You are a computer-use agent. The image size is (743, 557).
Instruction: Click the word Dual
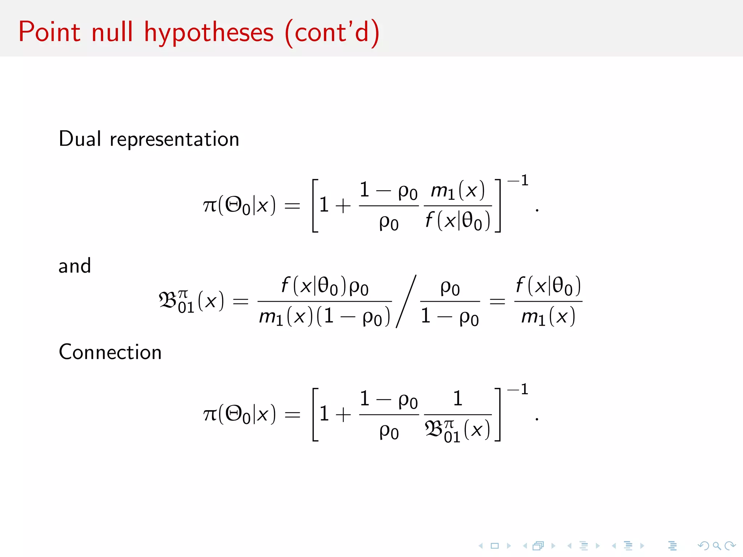[80, 139]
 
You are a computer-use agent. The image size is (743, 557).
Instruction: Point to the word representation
[175, 140]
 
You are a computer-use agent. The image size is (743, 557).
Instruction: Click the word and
[75, 266]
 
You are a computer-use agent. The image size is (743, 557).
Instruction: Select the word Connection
[110, 352]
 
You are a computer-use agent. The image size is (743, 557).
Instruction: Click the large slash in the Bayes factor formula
[406, 301]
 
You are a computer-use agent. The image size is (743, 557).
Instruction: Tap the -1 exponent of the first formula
[518, 180]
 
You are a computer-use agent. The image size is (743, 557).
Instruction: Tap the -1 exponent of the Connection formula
[518, 389]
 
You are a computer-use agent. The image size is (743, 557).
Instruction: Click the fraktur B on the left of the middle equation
[168, 301]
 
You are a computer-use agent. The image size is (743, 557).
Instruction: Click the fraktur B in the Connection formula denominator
[434, 430]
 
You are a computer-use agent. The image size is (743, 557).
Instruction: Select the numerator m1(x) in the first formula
[457, 190]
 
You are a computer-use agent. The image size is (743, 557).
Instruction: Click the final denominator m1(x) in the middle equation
[548, 317]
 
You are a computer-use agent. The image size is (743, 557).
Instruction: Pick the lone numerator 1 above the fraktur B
[458, 399]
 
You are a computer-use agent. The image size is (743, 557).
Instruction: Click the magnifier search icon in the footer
[717, 545]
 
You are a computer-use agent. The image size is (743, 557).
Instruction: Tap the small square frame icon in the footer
[495, 545]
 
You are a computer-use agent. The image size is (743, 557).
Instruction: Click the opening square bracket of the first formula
[315, 205]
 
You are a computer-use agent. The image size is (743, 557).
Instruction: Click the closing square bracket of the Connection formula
[498, 414]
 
